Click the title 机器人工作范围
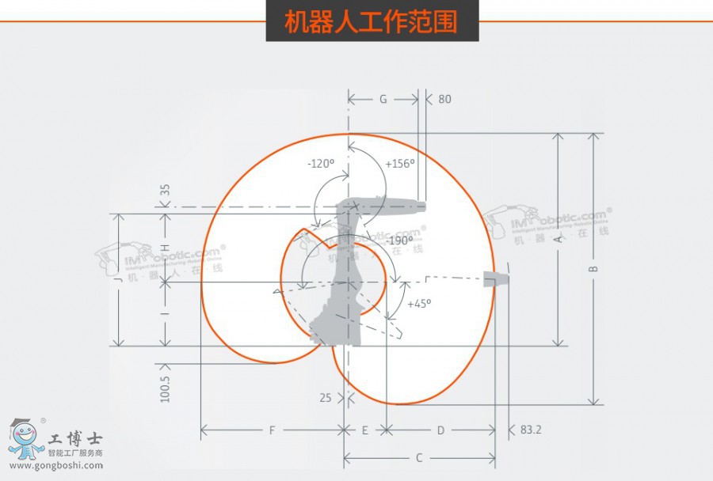372,21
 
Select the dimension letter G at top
383,100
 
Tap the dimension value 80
444,100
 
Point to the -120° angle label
321,164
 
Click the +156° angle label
400,164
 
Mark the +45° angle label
419,304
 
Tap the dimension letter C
419,457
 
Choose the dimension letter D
440,430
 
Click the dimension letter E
365,430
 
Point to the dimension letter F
272,430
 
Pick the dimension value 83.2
532,430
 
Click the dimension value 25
326,398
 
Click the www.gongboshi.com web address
56,465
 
